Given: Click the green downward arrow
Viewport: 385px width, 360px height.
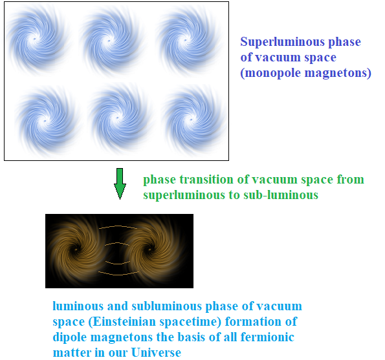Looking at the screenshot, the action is click(120, 184).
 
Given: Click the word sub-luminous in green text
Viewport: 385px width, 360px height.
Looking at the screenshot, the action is click(281, 195).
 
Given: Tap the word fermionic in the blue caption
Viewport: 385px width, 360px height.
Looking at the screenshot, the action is click(267, 337).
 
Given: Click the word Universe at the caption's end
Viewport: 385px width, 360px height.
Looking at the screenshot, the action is click(156, 352).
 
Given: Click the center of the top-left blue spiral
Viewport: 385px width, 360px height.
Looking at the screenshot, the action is click(35, 39).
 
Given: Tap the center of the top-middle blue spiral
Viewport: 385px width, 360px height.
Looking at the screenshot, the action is click(109, 41).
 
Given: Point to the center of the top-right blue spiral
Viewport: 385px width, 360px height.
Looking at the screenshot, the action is click(186, 40).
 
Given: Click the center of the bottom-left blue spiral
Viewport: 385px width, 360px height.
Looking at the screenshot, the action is click(45, 121).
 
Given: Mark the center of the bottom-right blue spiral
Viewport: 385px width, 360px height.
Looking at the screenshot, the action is click(192, 120).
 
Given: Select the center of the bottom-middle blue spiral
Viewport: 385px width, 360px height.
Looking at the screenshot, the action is click(117, 118).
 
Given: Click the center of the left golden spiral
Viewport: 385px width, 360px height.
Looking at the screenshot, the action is click(76, 249).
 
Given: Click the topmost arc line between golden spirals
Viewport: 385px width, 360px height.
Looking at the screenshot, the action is click(118, 226).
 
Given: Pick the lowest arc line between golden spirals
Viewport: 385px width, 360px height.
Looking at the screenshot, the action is click(118, 275).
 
